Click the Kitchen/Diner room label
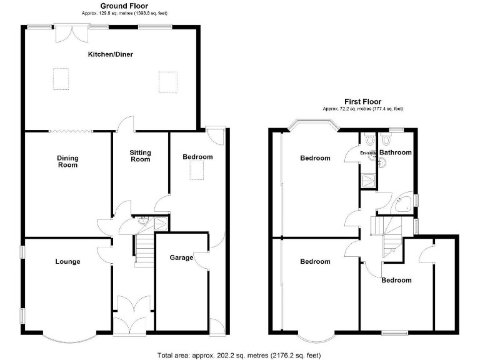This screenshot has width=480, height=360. click(x=110, y=54)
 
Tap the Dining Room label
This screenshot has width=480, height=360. click(x=67, y=161)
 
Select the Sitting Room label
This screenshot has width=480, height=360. click(x=140, y=156)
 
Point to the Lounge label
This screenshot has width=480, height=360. click(x=67, y=261)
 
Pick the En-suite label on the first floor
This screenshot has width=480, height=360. click(x=368, y=152)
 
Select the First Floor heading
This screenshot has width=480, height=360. click(x=362, y=101)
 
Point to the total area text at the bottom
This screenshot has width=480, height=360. click(x=239, y=355)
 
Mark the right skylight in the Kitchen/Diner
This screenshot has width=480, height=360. click(x=167, y=81)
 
